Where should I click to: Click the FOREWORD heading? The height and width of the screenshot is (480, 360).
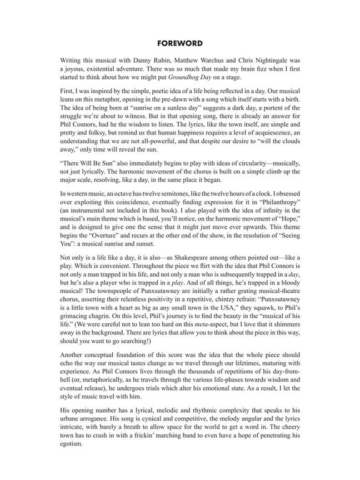(x=179, y=43)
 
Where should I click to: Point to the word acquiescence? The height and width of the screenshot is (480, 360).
(x=269, y=141)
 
